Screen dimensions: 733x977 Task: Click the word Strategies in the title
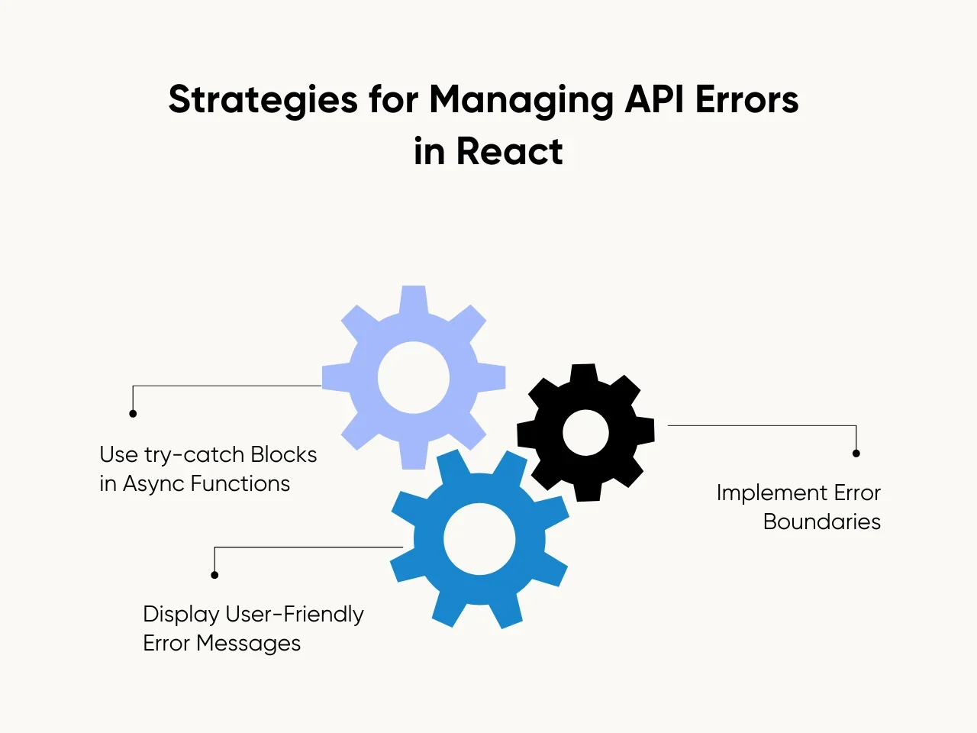(263, 101)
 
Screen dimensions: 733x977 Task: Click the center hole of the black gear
(585, 433)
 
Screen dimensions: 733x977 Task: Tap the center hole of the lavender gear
(414, 377)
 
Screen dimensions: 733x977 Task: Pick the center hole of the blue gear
(479, 539)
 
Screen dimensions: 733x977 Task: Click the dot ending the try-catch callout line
(133, 414)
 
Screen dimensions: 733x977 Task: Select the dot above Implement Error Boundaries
(856, 454)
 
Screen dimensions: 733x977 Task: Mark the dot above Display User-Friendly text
(214, 575)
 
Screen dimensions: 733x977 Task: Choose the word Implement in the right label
(772, 493)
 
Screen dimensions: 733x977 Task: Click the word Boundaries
(822, 522)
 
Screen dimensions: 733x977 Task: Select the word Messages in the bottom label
(248, 644)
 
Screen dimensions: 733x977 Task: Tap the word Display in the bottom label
(181, 615)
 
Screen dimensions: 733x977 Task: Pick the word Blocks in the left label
(283, 455)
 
